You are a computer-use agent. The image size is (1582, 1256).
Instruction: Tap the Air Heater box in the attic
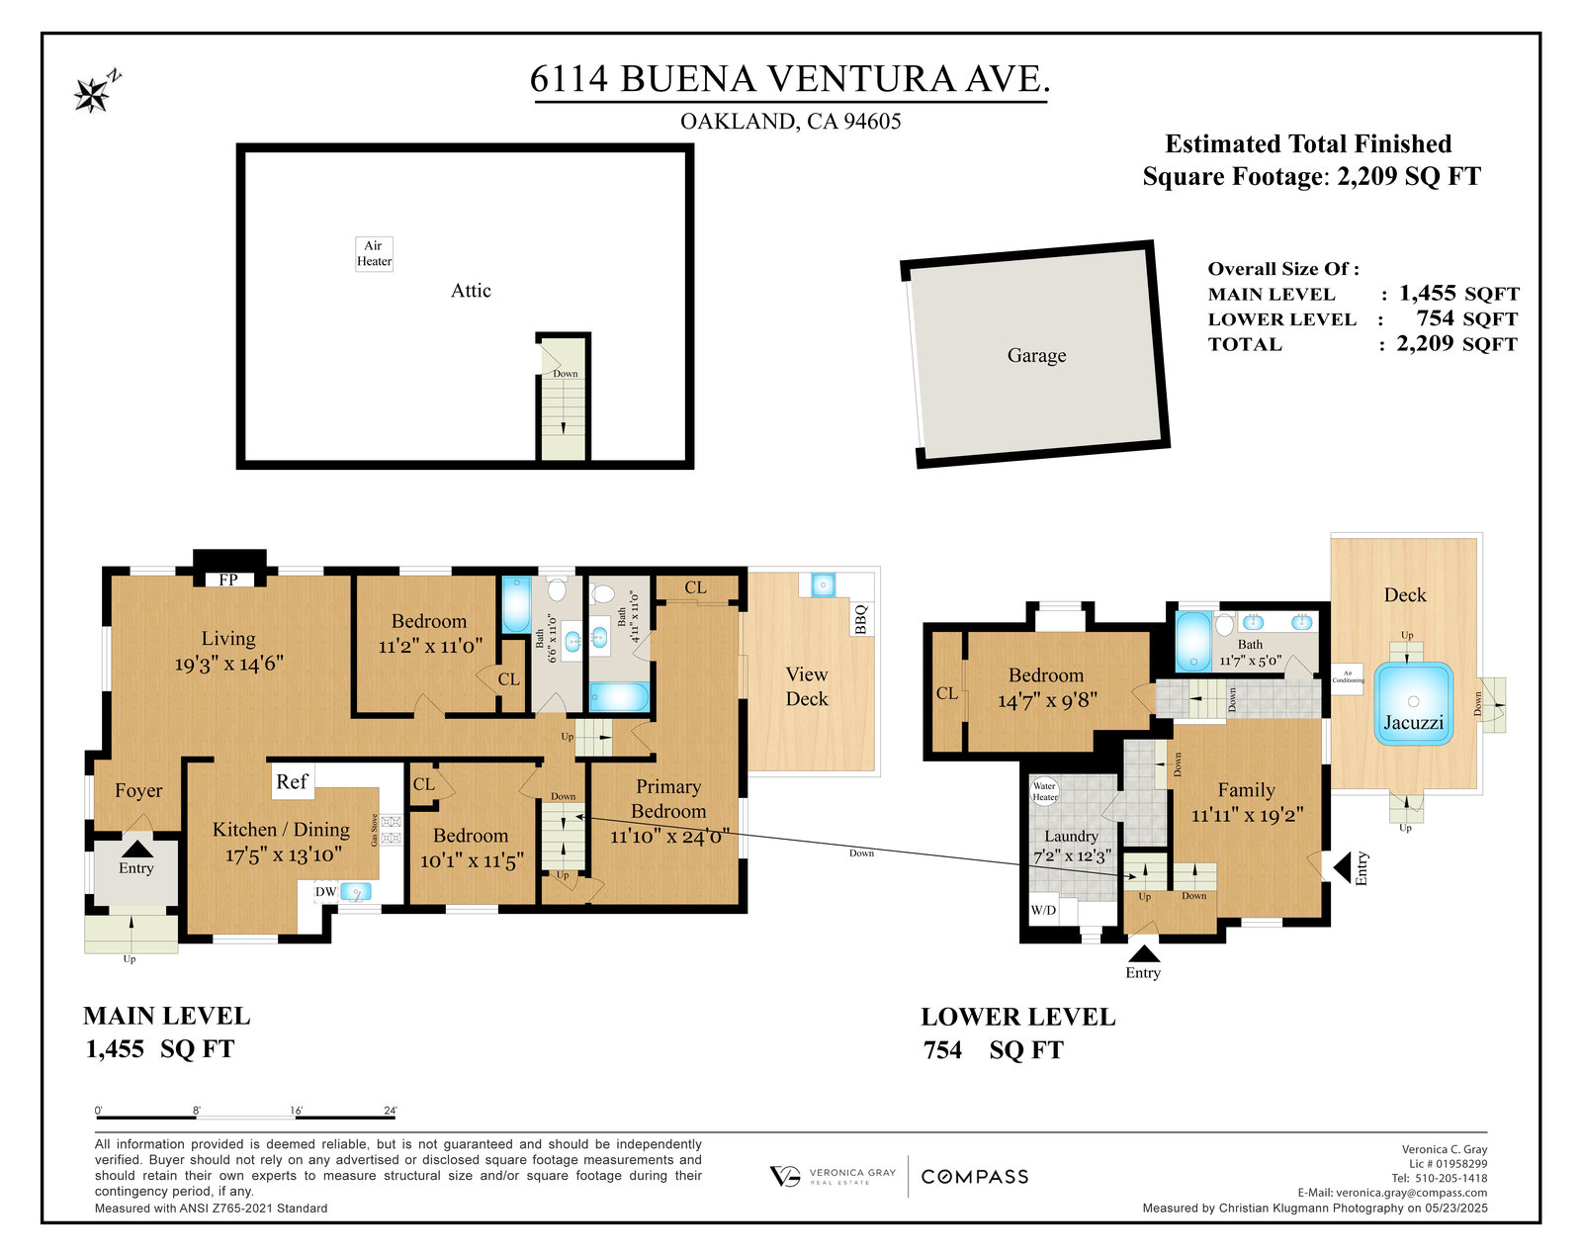tap(374, 254)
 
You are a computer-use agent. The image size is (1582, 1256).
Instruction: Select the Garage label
tap(1036, 355)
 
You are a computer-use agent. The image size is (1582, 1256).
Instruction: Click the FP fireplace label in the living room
tap(227, 580)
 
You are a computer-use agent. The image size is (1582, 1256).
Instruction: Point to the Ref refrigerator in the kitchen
tap(292, 781)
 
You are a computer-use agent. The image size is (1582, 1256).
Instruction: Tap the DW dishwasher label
tap(325, 892)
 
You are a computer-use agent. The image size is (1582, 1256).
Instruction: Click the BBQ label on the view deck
tap(861, 619)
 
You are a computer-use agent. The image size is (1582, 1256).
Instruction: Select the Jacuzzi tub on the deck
tap(1413, 704)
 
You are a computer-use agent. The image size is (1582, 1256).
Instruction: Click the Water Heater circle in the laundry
tap(1045, 791)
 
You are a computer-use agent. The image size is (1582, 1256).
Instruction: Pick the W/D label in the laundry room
tap(1043, 911)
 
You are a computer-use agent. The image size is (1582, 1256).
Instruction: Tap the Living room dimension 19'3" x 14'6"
tap(228, 664)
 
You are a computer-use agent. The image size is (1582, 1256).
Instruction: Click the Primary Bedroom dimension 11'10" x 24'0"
tap(669, 836)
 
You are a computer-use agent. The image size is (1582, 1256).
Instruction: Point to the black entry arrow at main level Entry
tap(136, 850)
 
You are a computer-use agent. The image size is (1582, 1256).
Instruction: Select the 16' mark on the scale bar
tap(297, 1111)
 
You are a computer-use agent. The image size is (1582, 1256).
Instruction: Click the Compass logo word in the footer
tap(975, 1177)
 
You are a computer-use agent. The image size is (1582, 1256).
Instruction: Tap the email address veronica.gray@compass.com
tap(1412, 1193)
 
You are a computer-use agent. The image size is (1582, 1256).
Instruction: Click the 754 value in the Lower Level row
tap(1435, 317)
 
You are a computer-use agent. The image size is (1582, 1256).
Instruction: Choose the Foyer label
tap(138, 790)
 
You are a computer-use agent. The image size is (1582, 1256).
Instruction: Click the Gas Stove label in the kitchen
tap(374, 830)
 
